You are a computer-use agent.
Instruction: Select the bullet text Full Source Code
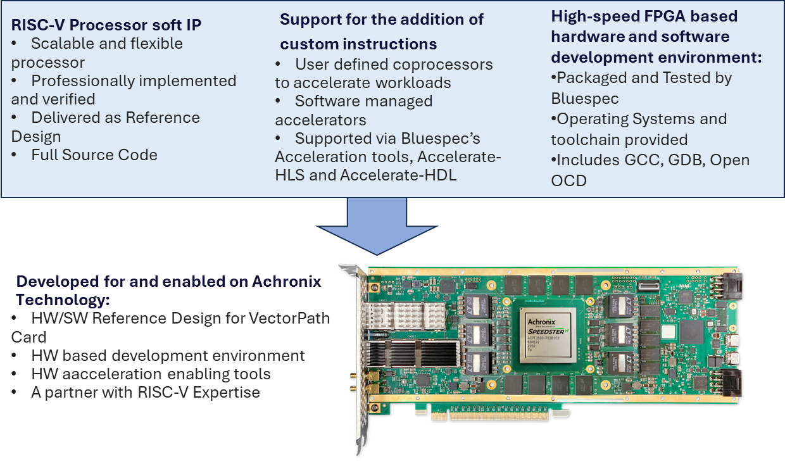(94, 155)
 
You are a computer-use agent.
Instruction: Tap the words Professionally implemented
(134, 81)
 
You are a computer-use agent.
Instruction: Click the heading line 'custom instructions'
(358, 44)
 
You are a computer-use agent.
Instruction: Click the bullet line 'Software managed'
(363, 101)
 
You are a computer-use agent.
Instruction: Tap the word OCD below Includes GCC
(568, 181)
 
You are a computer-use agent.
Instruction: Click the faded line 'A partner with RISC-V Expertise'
(145, 393)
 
